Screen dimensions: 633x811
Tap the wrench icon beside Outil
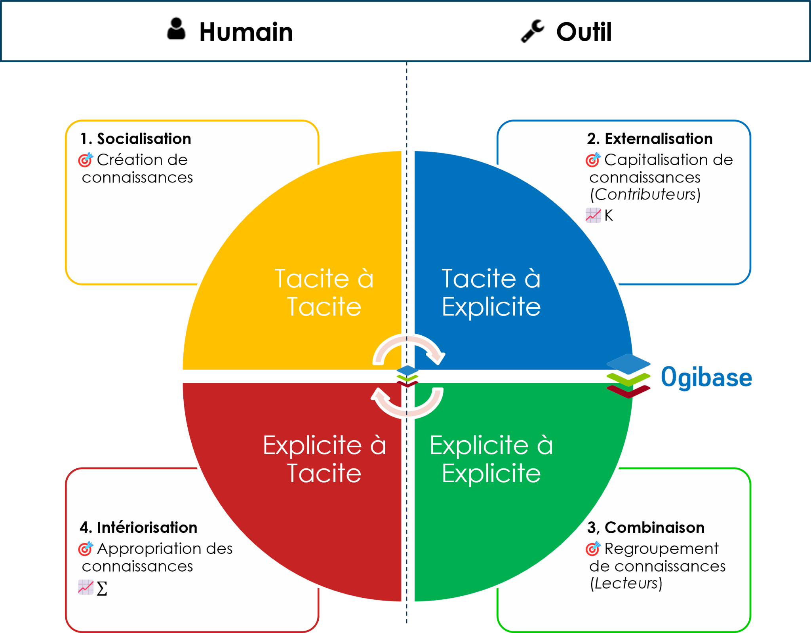[x=532, y=31]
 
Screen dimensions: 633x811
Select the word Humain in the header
[x=246, y=32]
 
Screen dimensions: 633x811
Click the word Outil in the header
[x=584, y=32]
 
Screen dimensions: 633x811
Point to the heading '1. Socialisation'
[x=136, y=139]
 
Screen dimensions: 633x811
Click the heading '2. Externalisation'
[x=649, y=139]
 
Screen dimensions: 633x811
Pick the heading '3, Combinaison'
[x=645, y=528]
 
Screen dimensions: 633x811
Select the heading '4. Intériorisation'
[x=138, y=528]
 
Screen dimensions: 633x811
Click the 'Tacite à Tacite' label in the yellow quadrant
[x=324, y=293]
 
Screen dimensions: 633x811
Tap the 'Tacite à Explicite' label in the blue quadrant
[x=491, y=293]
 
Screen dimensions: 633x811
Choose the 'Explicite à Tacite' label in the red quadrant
[x=324, y=459]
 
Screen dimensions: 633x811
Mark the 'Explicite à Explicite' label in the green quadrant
[x=491, y=459]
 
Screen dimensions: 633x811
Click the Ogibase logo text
[x=706, y=377]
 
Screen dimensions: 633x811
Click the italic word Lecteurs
[x=626, y=584]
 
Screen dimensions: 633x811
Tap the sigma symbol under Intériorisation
[x=102, y=589]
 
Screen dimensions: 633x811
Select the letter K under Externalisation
[x=609, y=216]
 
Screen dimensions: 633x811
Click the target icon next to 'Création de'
[x=85, y=160]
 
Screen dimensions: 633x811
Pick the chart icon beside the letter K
[x=593, y=215]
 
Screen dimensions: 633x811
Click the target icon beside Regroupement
[x=593, y=548]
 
